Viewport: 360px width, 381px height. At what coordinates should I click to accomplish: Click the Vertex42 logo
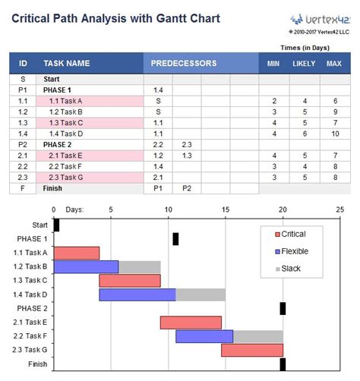pos(317,20)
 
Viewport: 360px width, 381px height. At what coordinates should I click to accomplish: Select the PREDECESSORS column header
pos(183,63)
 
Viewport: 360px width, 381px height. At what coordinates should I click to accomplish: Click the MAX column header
pos(333,63)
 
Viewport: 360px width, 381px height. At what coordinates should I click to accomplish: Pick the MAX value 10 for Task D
pos(333,134)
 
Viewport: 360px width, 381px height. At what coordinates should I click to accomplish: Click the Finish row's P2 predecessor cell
pos(187,188)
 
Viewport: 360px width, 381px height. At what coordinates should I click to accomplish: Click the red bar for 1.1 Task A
pos(76,253)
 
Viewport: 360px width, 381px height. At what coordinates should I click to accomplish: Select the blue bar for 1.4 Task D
pos(137,294)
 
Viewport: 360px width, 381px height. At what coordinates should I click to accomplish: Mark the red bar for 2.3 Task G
pos(252,350)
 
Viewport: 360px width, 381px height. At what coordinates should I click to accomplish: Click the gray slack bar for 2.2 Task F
pos(258,336)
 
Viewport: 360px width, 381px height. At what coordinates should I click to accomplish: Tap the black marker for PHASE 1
pos(175,239)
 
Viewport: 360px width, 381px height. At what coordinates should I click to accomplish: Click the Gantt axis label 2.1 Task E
pos(30,323)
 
